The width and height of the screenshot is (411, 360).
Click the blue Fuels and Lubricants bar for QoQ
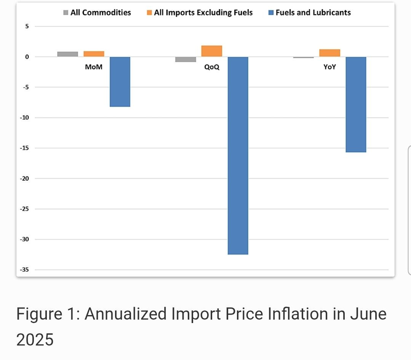tap(238, 155)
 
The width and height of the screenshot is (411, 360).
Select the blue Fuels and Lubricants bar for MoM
tap(120, 82)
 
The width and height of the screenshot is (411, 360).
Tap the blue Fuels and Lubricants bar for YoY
tap(356, 104)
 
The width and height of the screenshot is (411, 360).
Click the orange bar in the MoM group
tap(94, 54)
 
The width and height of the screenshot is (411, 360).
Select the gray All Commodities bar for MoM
tap(67, 54)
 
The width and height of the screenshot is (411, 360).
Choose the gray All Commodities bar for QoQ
tap(186, 59)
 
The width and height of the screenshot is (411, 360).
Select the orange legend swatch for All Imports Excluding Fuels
tap(150, 13)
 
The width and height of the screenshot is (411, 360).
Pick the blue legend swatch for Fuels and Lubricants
tap(271, 13)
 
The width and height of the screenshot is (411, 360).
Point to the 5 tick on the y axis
tap(27, 26)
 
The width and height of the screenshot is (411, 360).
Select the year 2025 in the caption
tap(35, 339)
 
